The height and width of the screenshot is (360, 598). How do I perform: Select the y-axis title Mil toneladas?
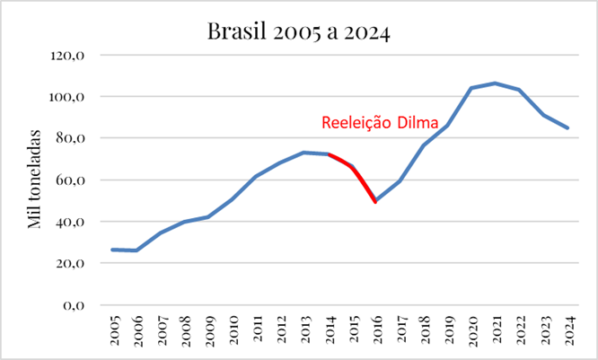point(35,180)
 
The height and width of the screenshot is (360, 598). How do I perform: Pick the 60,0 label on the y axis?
point(70,180)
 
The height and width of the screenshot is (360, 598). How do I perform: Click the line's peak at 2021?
point(495,83)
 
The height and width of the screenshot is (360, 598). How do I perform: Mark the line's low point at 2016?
point(375,201)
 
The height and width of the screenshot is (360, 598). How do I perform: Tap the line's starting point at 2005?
point(113,250)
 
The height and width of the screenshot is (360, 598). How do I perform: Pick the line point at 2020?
point(470,88)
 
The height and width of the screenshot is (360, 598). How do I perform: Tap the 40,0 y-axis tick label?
point(70,222)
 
